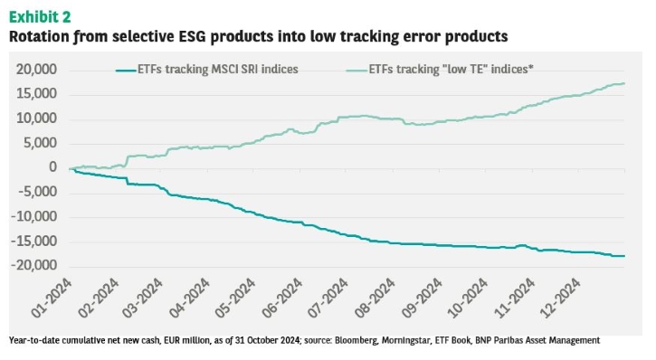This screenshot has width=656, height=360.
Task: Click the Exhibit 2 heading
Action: pos(40,17)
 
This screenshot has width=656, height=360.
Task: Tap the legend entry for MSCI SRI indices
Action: pos(207,69)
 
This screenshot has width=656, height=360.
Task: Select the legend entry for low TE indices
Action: pos(440,69)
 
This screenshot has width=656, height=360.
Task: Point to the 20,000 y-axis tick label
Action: pos(36,70)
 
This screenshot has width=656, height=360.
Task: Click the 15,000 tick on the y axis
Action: pos(36,94)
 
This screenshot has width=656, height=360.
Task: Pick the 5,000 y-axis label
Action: pos(39,143)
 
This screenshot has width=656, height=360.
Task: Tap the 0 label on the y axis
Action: pos(52,167)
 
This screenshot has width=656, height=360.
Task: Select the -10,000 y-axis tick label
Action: pos(33,216)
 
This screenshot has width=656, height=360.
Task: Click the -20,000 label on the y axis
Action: pos(33,266)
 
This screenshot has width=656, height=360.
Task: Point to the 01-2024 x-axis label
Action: pos(51,298)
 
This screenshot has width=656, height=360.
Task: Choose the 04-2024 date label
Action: pos(189,298)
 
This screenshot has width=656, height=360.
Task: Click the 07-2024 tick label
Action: pos(328,298)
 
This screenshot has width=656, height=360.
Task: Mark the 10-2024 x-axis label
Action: pos(467,298)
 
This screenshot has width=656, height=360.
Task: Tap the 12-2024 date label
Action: pos(560,298)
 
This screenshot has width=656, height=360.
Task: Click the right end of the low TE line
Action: pos(624,83)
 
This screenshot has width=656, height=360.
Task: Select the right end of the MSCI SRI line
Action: pos(624,256)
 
